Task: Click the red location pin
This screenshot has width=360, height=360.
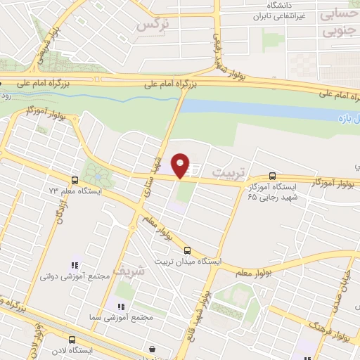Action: (x=181, y=165)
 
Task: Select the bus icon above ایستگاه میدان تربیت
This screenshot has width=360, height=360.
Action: (x=187, y=250)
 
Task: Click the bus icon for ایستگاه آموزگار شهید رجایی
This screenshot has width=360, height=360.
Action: (x=272, y=176)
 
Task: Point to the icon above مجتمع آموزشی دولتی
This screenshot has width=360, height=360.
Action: (x=74, y=265)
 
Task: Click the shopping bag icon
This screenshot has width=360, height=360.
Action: (x=153, y=349)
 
